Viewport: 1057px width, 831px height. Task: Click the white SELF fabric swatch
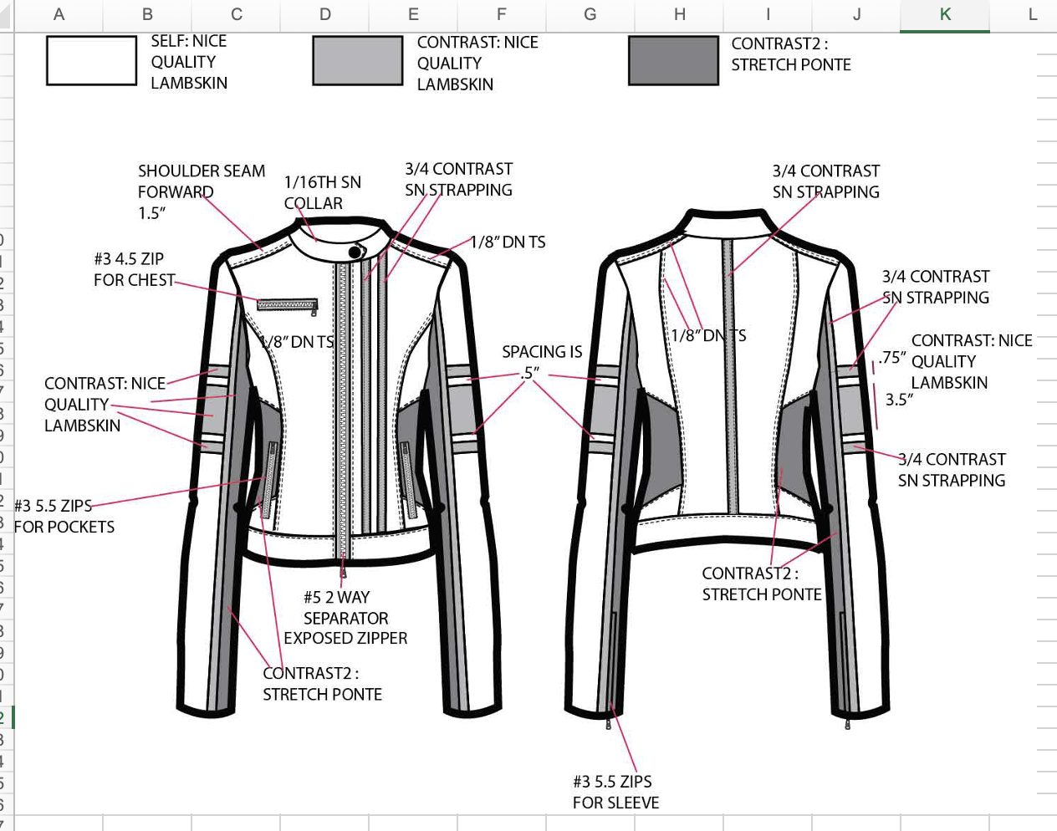(x=91, y=61)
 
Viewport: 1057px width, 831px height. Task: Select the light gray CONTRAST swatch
(x=358, y=61)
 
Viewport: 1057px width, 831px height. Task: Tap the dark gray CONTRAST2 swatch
(x=673, y=61)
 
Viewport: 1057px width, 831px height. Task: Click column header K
(x=945, y=14)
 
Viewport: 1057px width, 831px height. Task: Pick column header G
(x=590, y=14)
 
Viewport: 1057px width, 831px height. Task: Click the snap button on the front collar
(x=355, y=251)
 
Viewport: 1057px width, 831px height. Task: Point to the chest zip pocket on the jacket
(x=287, y=305)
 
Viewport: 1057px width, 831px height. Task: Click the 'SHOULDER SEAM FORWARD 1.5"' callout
(x=201, y=191)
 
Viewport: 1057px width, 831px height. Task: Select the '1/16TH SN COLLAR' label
(x=322, y=192)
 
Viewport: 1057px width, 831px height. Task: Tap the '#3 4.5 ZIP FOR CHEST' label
(x=134, y=269)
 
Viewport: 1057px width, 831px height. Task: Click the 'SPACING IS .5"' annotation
(x=541, y=362)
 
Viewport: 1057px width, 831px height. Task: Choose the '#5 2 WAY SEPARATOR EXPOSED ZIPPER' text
(x=345, y=618)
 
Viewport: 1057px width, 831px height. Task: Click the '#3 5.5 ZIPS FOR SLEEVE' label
(x=615, y=792)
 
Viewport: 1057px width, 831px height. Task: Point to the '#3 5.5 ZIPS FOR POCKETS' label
(x=64, y=516)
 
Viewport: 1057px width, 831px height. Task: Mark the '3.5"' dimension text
(x=899, y=400)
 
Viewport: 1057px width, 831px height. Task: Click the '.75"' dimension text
(x=892, y=358)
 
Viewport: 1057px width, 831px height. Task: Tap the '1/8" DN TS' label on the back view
(x=708, y=335)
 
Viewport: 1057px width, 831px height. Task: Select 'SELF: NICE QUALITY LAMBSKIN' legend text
(x=188, y=62)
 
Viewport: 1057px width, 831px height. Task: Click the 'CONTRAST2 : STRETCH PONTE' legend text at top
(x=790, y=54)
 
